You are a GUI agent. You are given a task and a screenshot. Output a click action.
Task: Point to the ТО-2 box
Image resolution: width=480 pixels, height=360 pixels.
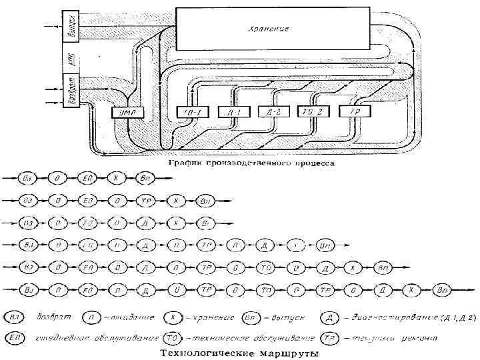[x=311, y=111]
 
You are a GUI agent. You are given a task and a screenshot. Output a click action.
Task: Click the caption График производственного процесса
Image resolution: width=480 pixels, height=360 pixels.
[x=250, y=163]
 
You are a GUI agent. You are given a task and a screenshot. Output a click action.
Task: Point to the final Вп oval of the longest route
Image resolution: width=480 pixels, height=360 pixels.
[x=441, y=289]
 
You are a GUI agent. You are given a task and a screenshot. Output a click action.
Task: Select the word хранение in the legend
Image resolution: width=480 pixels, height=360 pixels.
[x=224, y=317]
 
